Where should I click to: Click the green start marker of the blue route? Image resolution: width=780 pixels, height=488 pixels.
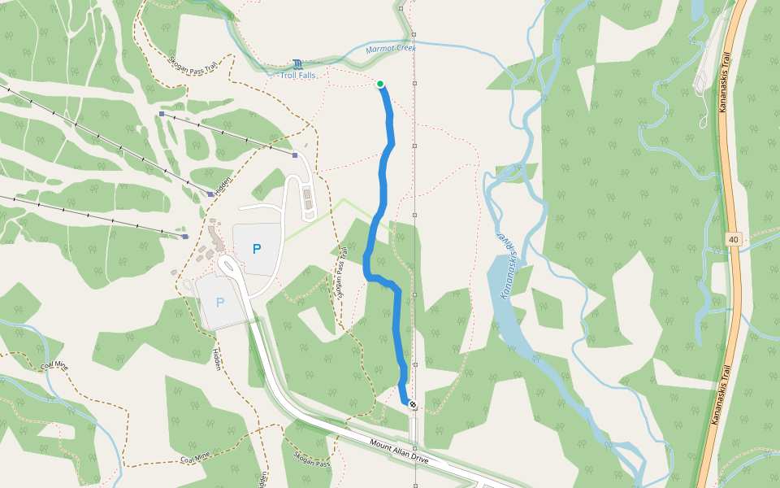(380, 84)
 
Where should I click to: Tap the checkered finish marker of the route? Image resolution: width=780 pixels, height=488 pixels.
(413, 403)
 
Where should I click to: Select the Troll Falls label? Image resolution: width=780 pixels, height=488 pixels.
(298, 76)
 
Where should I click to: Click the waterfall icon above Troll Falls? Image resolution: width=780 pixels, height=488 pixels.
(298, 64)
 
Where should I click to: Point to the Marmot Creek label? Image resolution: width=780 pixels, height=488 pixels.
(390, 49)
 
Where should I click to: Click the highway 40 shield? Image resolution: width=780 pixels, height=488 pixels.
(734, 239)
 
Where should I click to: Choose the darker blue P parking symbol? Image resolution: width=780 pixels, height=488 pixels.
(257, 250)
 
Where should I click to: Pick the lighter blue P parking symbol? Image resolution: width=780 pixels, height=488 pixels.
(219, 303)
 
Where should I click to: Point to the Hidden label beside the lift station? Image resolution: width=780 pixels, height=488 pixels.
(223, 184)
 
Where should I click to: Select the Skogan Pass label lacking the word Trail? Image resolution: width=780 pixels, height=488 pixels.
(312, 458)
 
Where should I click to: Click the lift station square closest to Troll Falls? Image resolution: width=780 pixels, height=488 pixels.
(295, 154)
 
